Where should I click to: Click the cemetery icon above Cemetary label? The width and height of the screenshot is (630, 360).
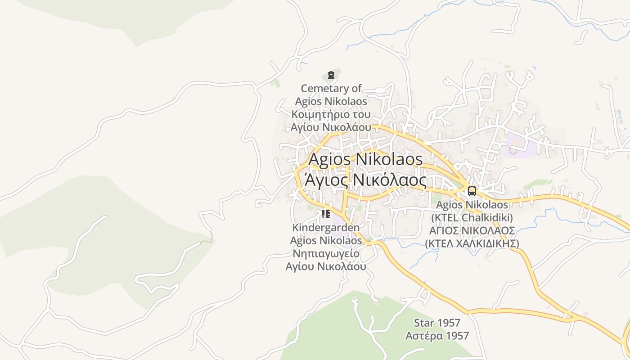point(331,75)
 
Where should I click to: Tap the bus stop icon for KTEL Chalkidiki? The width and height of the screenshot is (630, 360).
point(472,191)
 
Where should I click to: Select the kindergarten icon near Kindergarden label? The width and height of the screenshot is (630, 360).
point(326,214)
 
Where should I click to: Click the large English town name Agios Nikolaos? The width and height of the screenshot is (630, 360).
point(365,159)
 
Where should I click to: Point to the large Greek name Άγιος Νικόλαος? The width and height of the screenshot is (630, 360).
point(365,180)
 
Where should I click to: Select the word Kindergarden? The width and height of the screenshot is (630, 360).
point(326,227)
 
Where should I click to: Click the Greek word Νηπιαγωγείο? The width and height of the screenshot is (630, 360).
point(326,253)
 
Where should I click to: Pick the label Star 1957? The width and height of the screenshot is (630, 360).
point(437,323)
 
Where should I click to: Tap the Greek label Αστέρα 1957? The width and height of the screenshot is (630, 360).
point(437,336)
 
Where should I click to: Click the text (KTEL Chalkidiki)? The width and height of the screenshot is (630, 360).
point(472,218)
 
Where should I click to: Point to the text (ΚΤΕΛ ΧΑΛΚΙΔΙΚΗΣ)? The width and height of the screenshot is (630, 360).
point(472,243)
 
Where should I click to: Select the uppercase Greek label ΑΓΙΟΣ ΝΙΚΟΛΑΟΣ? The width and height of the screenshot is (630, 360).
point(472,230)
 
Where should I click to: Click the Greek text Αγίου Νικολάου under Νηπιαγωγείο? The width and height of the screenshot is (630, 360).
point(326,266)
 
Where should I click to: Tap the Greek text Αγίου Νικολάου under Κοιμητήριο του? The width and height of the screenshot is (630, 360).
point(331,127)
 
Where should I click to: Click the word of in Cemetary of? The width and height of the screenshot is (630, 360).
point(356,88)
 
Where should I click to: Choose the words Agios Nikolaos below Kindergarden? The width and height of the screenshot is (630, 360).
point(326,240)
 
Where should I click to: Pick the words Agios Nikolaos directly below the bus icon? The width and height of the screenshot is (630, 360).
point(472,205)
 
